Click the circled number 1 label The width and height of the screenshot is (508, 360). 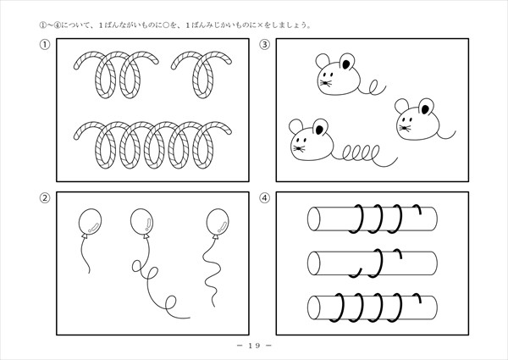(x=45, y=44)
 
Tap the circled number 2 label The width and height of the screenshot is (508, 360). (x=45, y=197)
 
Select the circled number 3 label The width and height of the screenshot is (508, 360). (x=265, y=44)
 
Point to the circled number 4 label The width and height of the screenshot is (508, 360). (x=265, y=197)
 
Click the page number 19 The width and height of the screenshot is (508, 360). (x=254, y=346)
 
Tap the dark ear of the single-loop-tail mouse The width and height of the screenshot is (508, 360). (x=346, y=64)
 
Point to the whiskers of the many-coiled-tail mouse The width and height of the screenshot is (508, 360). (x=299, y=149)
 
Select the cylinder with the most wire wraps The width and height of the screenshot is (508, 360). (x=373, y=307)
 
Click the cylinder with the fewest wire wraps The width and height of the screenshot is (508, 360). (x=373, y=263)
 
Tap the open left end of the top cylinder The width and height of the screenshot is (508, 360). (x=313, y=219)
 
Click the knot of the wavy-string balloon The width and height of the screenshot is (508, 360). (x=215, y=237)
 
